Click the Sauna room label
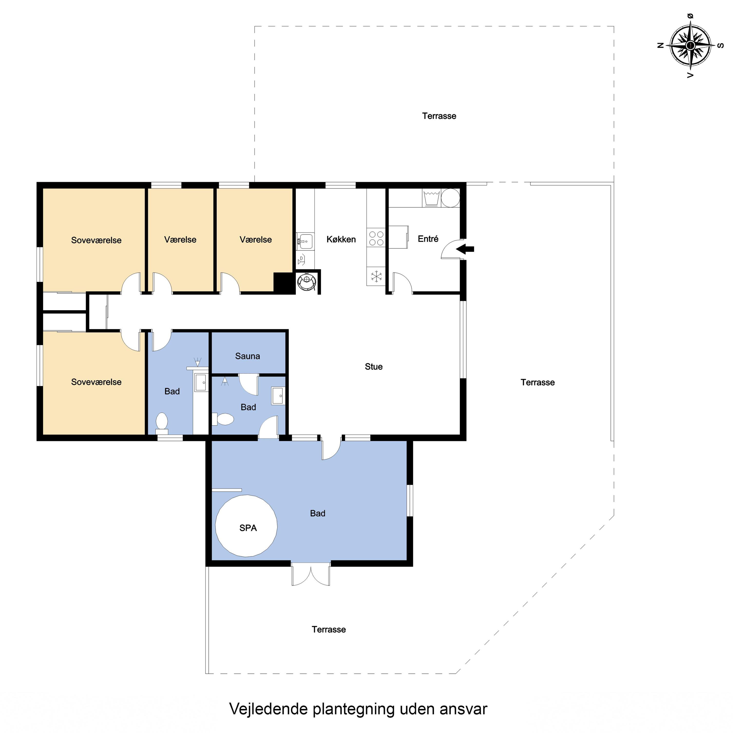(x=247, y=356)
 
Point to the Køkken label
(x=341, y=239)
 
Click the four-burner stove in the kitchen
(x=376, y=239)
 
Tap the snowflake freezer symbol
(x=376, y=276)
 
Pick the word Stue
(x=374, y=366)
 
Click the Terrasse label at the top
(x=439, y=116)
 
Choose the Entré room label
(x=428, y=239)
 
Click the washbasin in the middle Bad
(x=278, y=396)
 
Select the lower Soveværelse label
(x=96, y=382)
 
